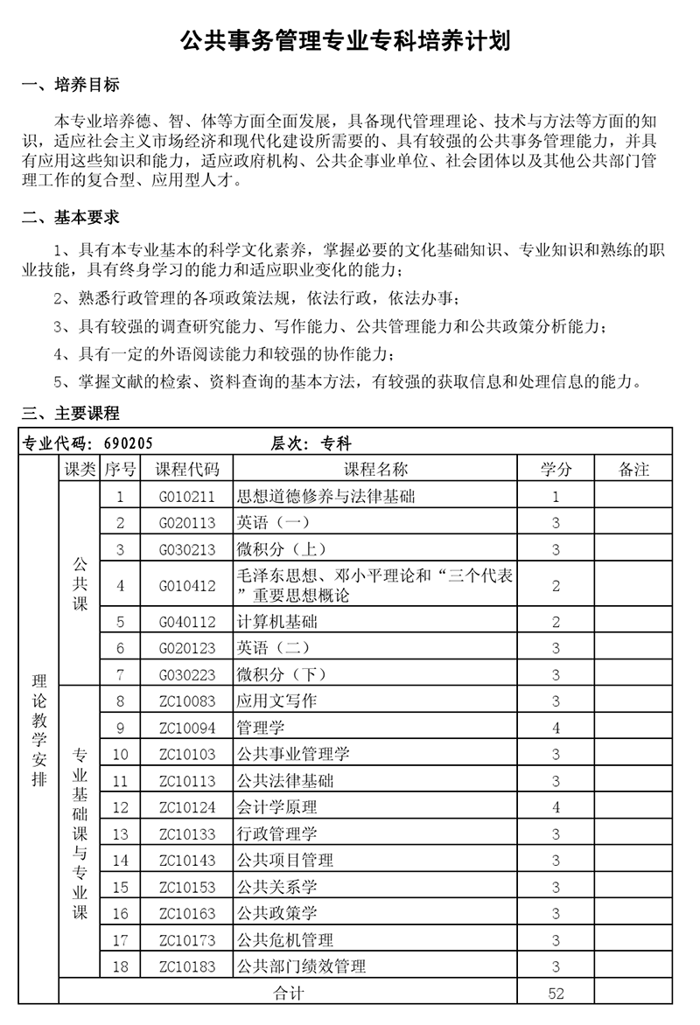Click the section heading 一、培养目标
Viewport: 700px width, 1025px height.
70,85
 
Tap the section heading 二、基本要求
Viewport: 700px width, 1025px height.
70,217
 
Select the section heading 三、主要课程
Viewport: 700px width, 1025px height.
70,414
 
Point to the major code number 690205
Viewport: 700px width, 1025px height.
127,443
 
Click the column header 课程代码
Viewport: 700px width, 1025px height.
187,470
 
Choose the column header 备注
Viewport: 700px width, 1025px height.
633,470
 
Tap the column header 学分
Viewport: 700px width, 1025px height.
556,470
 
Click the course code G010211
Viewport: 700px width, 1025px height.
187,497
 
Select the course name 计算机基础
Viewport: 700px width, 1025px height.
277,622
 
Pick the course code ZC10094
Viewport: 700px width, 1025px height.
187,728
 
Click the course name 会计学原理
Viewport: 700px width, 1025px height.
277,807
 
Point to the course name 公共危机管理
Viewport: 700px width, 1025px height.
285,940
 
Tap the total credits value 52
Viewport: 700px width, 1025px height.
556,994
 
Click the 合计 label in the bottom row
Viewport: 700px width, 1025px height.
289,994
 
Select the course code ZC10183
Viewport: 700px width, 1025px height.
187,966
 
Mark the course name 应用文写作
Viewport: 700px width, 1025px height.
277,701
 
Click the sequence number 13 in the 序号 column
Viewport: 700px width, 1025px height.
121,834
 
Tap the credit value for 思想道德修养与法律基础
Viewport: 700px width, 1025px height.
556,497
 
